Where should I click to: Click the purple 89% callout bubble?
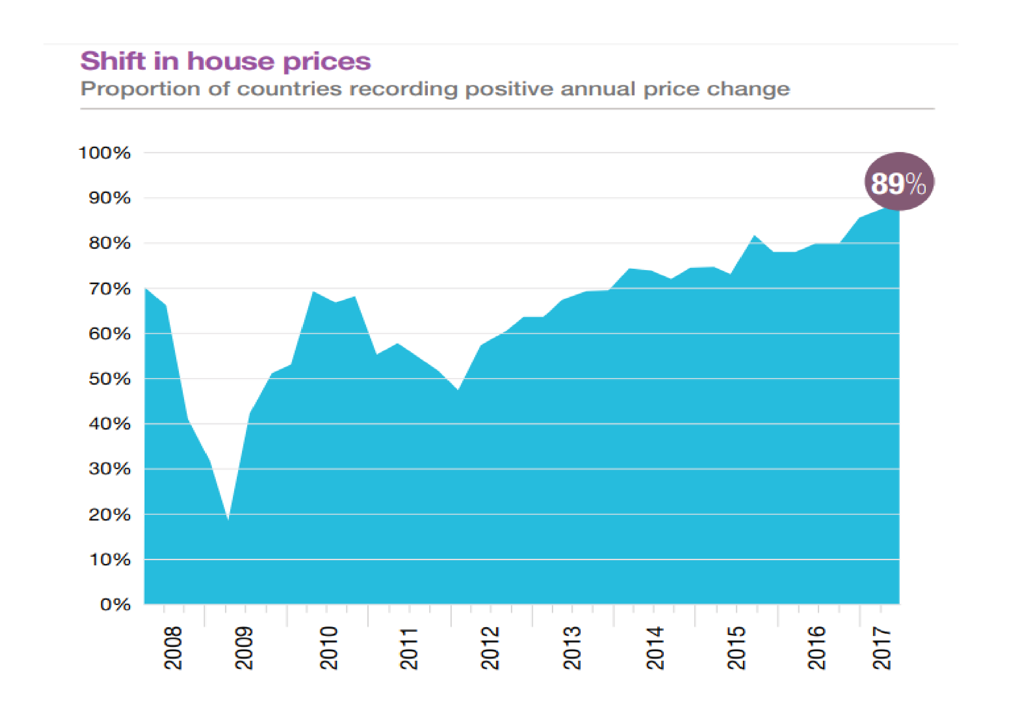pos(899,182)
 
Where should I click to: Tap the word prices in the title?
pos(327,62)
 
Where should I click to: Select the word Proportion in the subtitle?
pos(140,89)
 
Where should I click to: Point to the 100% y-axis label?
pos(104,153)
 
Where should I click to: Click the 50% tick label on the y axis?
pos(110,379)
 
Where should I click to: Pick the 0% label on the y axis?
pos(115,605)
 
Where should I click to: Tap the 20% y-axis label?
pos(110,515)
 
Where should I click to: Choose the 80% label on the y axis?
pos(110,243)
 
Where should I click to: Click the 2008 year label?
pos(173,648)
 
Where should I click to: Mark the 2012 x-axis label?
pos(491,648)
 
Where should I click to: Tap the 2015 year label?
pos(736,648)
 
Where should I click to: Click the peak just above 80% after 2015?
pos(754,236)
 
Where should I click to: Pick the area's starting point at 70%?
pos(146,289)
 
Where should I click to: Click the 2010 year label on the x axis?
pos(329,648)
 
